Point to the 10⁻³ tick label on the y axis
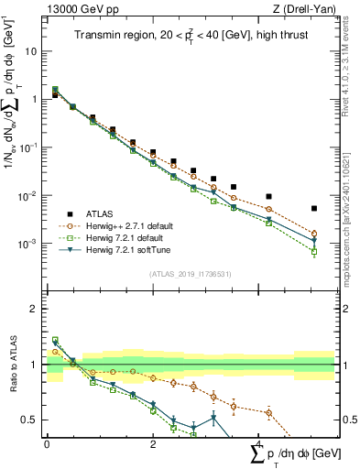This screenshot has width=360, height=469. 31,244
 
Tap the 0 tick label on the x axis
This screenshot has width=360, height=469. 48,443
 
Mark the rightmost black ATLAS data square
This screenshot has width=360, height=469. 314,209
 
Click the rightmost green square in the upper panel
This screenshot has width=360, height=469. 314,251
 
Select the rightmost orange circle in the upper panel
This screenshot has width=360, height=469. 314,234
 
